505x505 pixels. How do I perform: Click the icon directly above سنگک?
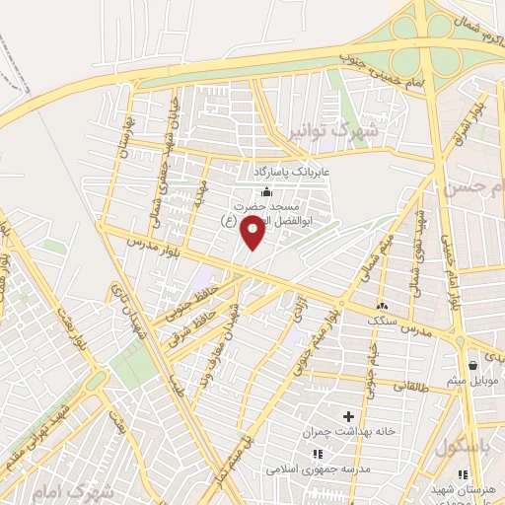click(x=382, y=304)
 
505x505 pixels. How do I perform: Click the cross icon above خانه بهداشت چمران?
click(x=346, y=415)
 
